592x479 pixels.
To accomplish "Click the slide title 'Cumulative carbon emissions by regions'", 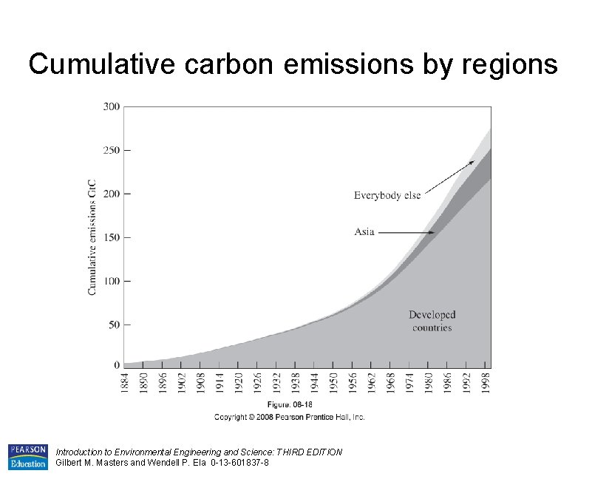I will tap(293, 65).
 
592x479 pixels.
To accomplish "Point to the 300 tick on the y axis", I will tap(111, 106).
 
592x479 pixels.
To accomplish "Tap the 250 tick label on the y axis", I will tap(111, 150).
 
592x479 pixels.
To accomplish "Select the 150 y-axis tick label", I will tap(111, 237).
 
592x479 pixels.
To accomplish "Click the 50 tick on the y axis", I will tap(113, 325).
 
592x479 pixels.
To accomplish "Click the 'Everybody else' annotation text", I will tap(387, 196).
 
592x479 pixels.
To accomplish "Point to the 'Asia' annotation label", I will tap(364, 232).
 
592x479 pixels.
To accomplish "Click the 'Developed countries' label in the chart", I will tap(432, 321).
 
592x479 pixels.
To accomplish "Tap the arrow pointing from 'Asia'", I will tap(407, 233).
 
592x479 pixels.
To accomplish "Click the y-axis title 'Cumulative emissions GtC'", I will tap(93, 237).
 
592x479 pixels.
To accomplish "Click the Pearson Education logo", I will tap(27, 457).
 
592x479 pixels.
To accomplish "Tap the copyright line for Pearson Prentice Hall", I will tap(290, 417).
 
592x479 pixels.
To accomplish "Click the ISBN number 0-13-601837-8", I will tap(239, 463).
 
